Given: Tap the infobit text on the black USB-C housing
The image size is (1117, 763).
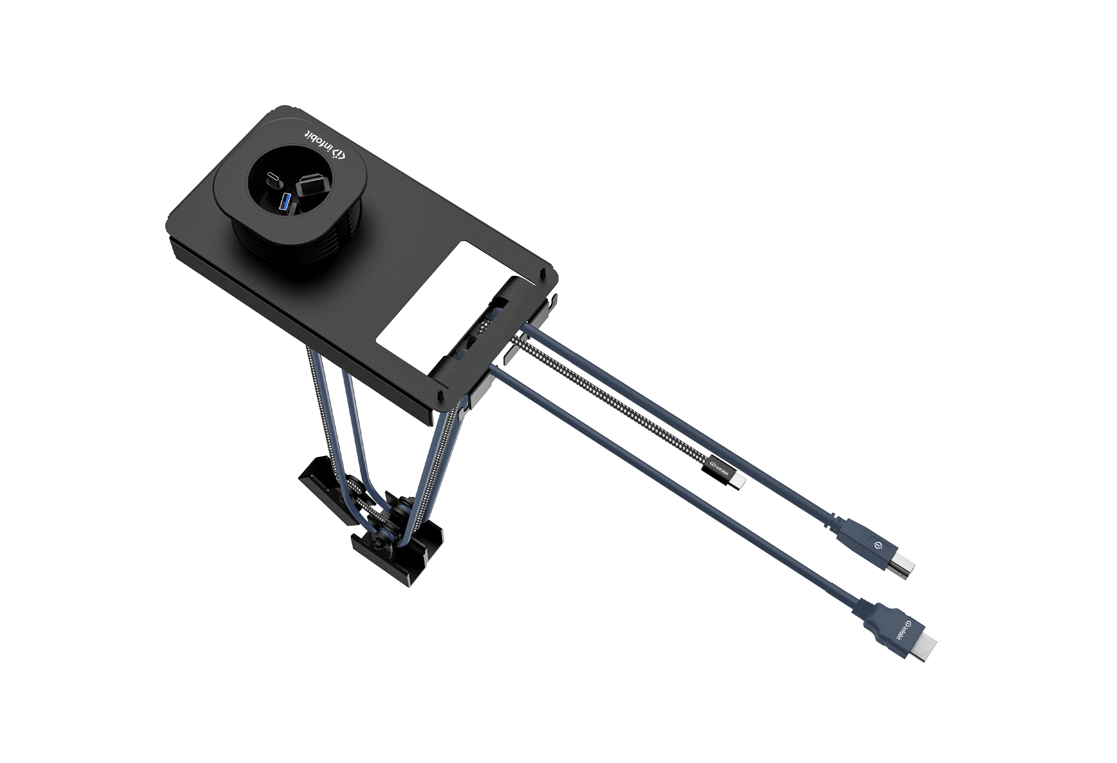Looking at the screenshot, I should tap(720, 466).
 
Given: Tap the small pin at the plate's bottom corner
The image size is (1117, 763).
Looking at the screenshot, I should tap(440, 395).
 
